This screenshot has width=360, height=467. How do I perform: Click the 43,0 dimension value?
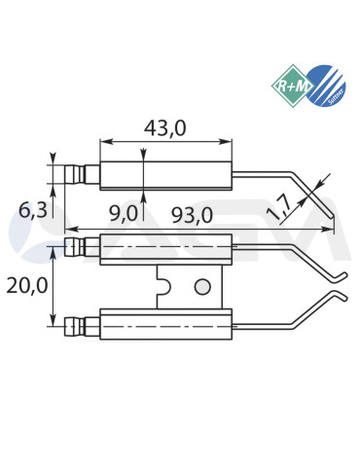(166, 126)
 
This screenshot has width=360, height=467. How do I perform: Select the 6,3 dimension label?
(31, 209)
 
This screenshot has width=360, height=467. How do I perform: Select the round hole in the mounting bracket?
(201, 287)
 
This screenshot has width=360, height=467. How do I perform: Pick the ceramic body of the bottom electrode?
(165, 324)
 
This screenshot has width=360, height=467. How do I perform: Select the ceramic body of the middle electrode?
(165, 250)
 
